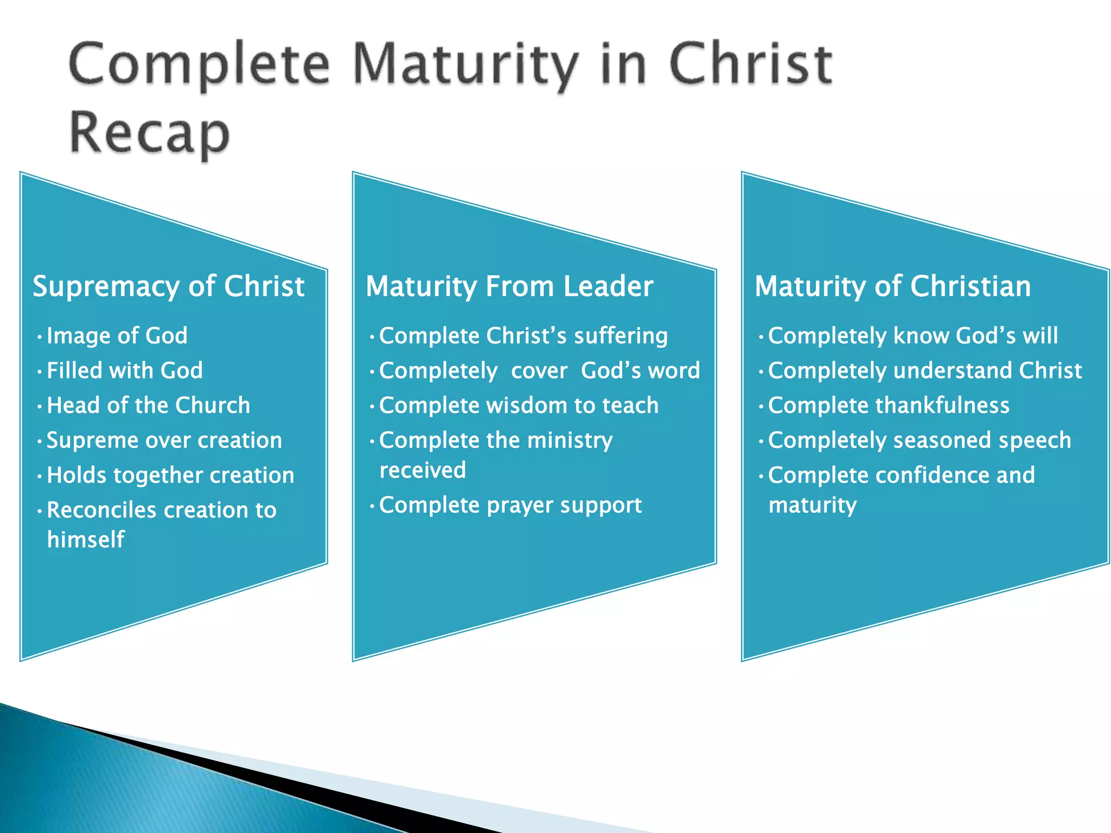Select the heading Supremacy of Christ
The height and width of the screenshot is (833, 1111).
pos(168,286)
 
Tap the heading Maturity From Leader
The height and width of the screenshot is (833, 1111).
pos(509,286)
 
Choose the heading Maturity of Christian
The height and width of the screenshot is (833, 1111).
pos(892,286)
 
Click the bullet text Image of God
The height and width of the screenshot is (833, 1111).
pos(117,336)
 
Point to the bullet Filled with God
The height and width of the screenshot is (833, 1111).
pos(124,370)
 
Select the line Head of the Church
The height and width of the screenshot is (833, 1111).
pos(148,405)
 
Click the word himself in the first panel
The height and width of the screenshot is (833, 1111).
pos(86,540)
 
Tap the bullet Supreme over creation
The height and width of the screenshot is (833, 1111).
pos(164,440)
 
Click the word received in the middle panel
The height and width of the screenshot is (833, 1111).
pos(423,470)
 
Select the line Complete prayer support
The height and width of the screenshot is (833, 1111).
pos(510,505)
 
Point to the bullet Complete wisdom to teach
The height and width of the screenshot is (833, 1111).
pos(519,405)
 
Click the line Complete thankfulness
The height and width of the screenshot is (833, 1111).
pos(889,405)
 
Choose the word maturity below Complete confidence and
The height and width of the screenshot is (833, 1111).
pos(813,505)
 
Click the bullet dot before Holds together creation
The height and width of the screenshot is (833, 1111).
pos(40,477)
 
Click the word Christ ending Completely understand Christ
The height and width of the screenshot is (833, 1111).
pos(1050,370)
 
